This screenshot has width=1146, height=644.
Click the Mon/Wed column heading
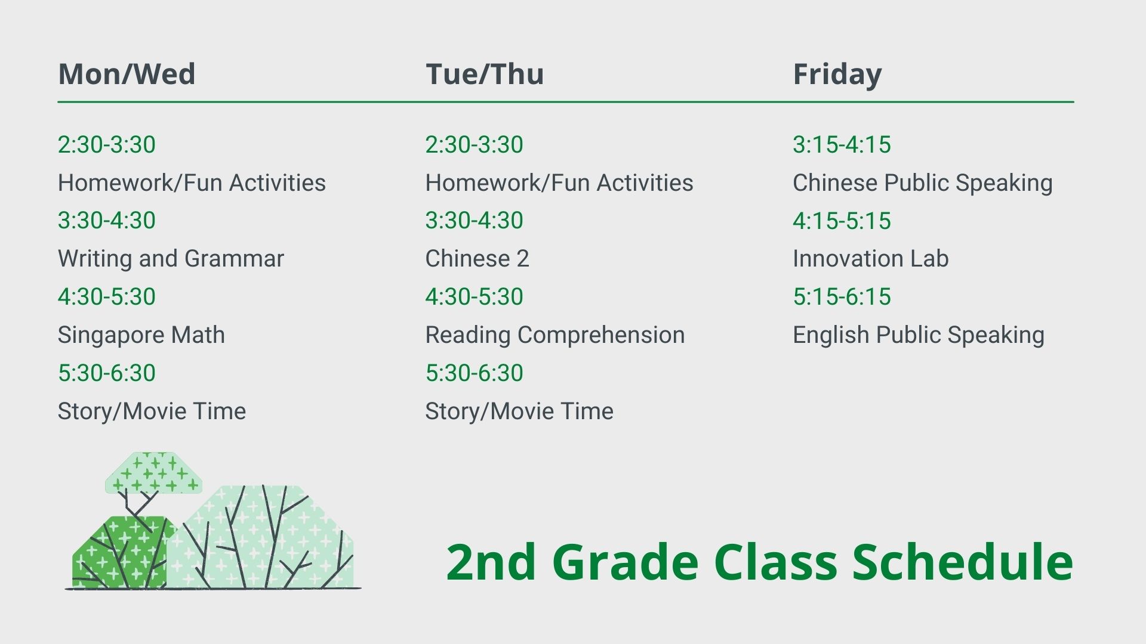[x=127, y=75]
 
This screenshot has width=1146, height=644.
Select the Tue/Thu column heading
[x=484, y=75]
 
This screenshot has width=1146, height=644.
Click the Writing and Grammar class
[x=171, y=259]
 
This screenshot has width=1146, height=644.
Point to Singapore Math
[x=141, y=335]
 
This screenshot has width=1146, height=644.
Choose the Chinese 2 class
[x=477, y=259]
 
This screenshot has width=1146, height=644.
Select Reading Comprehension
[x=555, y=335]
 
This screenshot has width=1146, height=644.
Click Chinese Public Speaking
[x=923, y=183]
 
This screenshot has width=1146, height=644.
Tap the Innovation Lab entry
[x=871, y=259]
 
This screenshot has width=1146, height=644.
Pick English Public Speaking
[x=919, y=335]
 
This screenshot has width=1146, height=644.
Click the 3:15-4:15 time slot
[x=842, y=145]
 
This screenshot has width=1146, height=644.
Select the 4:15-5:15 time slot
[x=842, y=221]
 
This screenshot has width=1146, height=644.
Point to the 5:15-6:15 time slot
[x=842, y=297]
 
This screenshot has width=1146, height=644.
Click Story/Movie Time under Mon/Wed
[x=152, y=411]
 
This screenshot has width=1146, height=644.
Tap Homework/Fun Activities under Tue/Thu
[x=559, y=183]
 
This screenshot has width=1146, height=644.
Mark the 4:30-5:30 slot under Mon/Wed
[x=107, y=297]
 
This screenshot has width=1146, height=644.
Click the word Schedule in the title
[x=962, y=562]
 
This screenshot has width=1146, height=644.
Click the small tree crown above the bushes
[x=153, y=472]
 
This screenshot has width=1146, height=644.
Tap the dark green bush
[x=119, y=552]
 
